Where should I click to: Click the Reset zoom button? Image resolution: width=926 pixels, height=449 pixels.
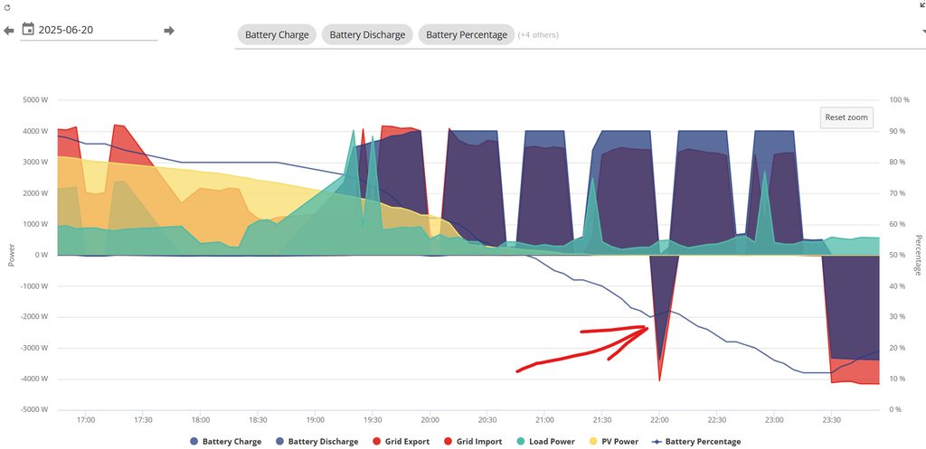(846, 117)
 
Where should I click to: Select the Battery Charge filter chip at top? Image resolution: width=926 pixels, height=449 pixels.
(277, 35)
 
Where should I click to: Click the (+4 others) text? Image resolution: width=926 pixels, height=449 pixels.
(537, 35)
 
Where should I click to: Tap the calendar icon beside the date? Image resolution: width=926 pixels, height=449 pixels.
(28, 30)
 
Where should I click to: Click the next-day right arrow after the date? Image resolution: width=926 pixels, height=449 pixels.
(169, 31)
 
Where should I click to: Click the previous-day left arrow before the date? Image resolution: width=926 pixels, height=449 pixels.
(9, 31)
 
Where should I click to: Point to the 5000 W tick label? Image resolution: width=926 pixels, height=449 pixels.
(35, 100)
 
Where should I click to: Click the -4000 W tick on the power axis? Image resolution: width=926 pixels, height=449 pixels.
(33, 379)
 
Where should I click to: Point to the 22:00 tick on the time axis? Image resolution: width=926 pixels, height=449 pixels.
(659, 420)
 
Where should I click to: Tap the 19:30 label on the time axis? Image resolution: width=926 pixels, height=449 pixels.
(373, 420)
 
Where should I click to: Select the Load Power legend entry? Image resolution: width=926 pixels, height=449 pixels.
(545, 442)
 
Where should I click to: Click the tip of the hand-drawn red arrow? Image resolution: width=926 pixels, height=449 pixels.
(648, 328)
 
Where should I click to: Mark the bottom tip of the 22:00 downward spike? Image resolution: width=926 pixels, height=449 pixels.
(659, 380)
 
